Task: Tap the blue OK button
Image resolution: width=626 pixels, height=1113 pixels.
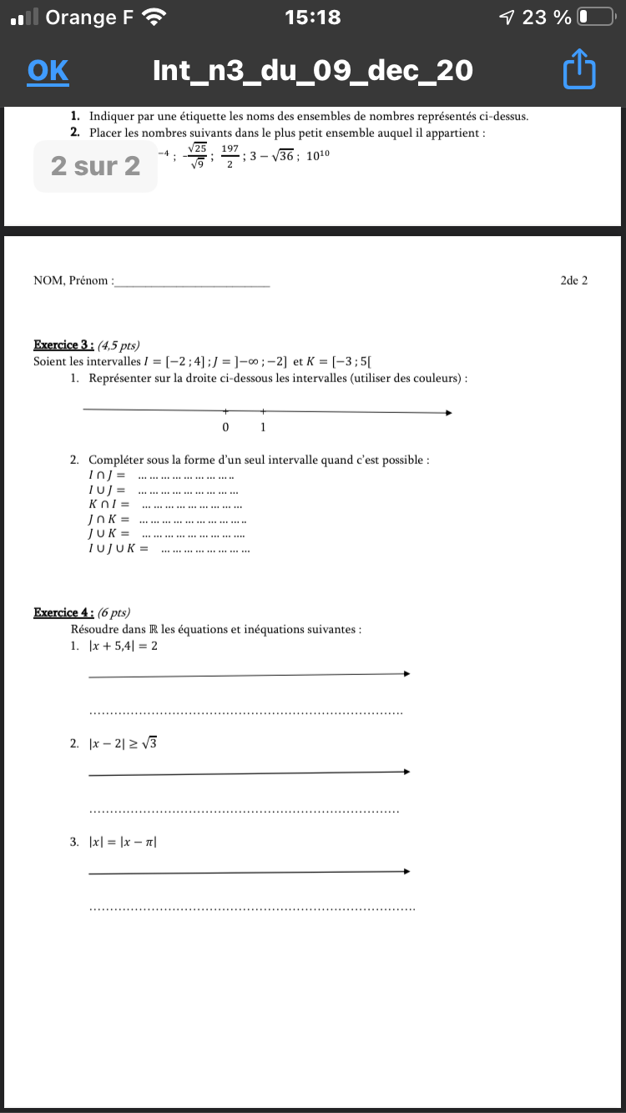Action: tap(48, 71)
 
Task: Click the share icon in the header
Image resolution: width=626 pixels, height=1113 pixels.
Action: tap(580, 70)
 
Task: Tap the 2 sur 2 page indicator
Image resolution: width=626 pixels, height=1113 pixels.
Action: tap(95, 166)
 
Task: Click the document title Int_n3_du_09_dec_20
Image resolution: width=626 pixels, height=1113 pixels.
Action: tap(313, 71)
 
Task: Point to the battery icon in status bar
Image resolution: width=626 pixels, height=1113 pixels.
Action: tap(594, 17)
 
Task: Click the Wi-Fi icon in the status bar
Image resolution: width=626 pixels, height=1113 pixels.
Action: tap(154, 17)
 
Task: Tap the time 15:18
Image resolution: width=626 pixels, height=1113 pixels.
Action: tap(313, 17)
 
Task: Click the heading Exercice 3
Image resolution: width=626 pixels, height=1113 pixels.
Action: tap(63, 345)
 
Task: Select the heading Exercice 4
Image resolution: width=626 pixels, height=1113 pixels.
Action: tap(63, 612)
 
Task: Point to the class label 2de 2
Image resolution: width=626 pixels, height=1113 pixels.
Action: tap(574, 280)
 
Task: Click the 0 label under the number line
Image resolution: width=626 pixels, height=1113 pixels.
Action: tap(225, 428)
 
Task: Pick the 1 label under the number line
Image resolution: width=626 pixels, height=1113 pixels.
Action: tap(263, 428)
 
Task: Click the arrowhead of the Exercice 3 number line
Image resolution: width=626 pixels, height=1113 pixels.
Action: tap(448, 411)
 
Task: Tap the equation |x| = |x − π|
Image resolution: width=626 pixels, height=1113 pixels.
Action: tap(124, 842)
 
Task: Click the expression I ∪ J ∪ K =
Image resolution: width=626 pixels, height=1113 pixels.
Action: tap(119, 548)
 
